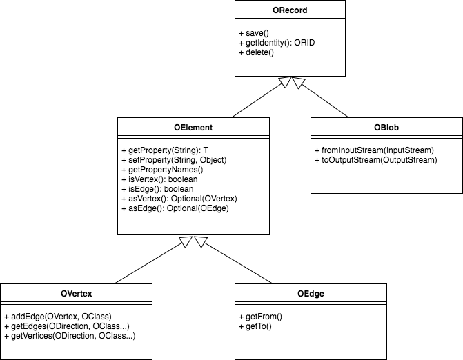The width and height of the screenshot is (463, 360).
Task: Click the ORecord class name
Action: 290,10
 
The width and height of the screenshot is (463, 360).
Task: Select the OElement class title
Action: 193,128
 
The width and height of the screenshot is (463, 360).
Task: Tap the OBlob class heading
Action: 386,128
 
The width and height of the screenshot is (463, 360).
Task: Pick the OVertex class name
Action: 77,294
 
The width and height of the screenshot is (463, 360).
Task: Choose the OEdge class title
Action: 311,294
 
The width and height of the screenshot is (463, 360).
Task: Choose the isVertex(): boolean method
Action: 157,179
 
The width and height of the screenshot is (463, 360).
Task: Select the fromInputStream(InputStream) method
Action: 373,150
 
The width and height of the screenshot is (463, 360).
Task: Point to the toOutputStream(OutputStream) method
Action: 375,160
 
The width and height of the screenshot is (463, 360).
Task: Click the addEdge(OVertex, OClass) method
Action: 57,317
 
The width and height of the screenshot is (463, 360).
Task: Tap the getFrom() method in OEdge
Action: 259,317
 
